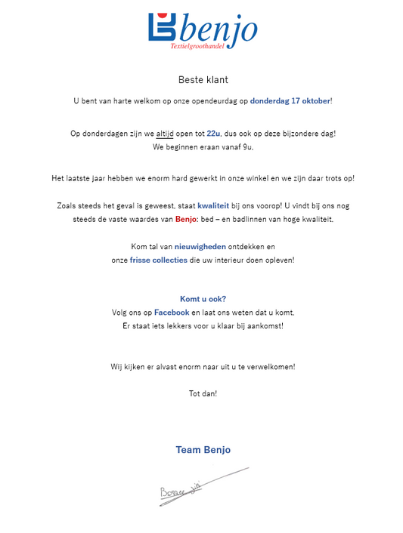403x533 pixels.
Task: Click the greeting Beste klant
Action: (x=203, y=79)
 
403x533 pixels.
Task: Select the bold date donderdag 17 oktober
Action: (x=290, y=100)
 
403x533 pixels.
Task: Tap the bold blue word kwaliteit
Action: (x=213, y=205)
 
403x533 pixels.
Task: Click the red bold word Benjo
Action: (x=186, y=220)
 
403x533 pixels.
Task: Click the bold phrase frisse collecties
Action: (x=159, y=260)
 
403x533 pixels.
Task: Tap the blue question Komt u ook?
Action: (x=203, y=299)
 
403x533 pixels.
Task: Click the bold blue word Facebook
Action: (x=172, y=313)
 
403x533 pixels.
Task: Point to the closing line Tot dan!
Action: (x=203, y=393)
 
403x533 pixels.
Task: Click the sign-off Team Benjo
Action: (x=203, y=450)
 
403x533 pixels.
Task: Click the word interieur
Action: (x=234, y=260)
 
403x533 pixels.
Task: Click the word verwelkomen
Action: (x=268, y=367)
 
